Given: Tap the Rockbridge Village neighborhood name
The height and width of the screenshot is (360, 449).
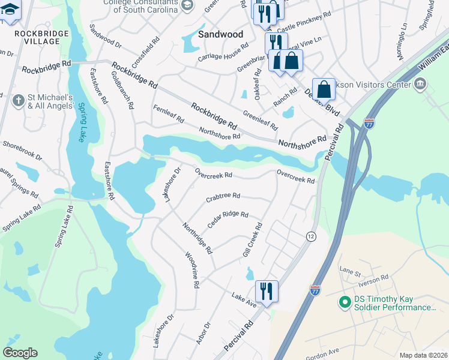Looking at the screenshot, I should point(38,37).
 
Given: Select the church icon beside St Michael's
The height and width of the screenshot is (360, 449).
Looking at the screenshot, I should point(18,100).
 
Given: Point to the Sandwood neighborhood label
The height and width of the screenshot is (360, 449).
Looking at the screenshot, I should point(221,34).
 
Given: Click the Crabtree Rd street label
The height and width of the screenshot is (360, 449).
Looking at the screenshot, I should point(223,196).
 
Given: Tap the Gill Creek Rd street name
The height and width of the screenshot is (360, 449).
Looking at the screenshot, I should point(253,241).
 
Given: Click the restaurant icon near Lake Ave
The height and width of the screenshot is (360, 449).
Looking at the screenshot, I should point(265,291).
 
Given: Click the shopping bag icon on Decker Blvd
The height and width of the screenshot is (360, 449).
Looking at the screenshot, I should point(324,89).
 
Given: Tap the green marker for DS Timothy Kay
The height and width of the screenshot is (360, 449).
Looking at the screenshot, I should point(345,302).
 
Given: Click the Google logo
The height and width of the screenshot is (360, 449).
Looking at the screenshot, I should point(20,353).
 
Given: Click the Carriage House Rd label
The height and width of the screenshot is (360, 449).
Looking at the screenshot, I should point(223,53).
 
